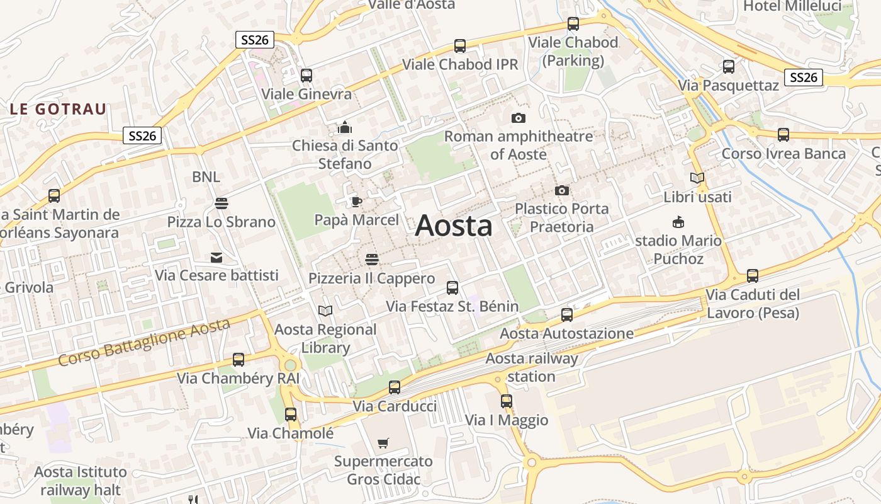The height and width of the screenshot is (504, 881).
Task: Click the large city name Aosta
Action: coord(453,226)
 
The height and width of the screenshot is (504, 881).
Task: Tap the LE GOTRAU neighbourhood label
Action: coord(58,109)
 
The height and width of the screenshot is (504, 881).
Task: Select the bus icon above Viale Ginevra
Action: coord(306,76)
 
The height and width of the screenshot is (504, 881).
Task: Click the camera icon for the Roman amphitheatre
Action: coord(518,118)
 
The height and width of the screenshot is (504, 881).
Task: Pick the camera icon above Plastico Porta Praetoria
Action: coord(561,190)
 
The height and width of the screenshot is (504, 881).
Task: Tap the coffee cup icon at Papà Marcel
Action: coord(356,202)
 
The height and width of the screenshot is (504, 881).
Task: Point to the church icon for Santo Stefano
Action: coord(344,127)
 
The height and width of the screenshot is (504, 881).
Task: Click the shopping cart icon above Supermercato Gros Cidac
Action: coord(383,443)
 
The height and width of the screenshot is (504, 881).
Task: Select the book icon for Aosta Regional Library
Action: coord(325,311)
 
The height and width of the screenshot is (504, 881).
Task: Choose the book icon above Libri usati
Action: coord(697,178)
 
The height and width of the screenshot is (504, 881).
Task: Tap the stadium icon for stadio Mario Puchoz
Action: coord(678,222)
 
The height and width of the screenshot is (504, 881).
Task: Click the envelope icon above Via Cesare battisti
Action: coord(216,257)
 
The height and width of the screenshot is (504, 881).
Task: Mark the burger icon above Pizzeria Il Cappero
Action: coord(371,260)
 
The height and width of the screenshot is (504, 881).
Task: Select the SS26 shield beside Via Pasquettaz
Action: coord(804,77)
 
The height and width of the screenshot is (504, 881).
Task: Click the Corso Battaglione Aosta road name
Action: coord(144,343)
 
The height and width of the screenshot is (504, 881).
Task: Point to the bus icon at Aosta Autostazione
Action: coord(567,314)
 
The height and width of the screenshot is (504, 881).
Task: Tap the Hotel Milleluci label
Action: coord(792,6)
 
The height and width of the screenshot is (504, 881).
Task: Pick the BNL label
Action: coord(206,177)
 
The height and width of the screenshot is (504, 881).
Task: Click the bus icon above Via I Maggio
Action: coord(507,401)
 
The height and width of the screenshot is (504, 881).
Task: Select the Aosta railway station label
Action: coord(532,367)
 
